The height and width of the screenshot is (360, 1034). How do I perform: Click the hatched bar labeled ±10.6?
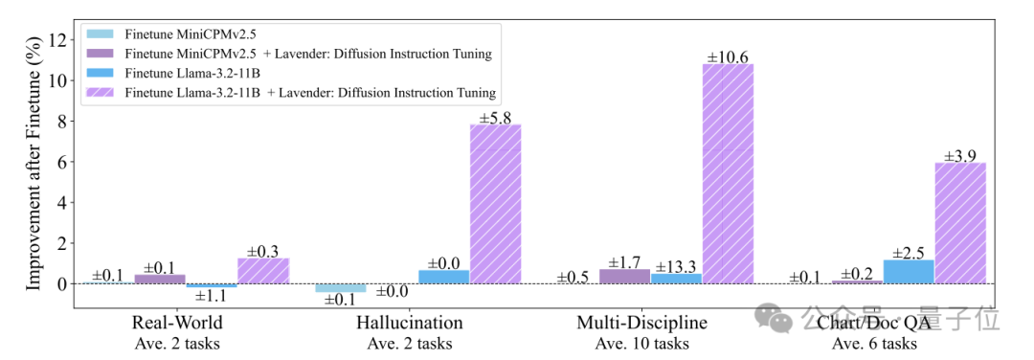[x=728, y=174]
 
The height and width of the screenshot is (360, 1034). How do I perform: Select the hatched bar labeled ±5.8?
[x=495, y=204]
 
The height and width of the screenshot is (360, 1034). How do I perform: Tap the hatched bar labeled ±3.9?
[x=960, y=223]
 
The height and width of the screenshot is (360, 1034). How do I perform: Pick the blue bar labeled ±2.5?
[x=909, y=272]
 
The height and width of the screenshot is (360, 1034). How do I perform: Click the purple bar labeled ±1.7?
[x=624, y=277]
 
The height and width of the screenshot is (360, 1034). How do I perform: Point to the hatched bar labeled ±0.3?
[x=263, y=271]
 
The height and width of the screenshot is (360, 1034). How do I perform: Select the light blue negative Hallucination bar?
[x=340, y=288]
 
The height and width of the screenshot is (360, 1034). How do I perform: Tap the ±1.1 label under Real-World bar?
[x=212, y=297]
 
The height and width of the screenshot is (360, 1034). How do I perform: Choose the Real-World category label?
[x=177, y=323]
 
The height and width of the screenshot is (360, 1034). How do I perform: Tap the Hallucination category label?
[x=410, y=323]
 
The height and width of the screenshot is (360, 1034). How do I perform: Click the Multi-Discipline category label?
[x=642, y=323]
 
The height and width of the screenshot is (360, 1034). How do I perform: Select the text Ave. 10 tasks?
[x=642, y=344]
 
